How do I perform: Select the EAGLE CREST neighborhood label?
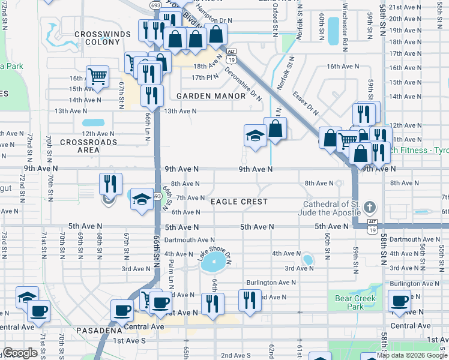[239, 202]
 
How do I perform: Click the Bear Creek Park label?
[355, 302]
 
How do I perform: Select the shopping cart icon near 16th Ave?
[97, 76]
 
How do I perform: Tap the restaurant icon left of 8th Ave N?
[110, 184]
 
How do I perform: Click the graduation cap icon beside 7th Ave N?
[142, 200]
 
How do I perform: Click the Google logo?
[20, 353]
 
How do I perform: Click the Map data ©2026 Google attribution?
[412, 355]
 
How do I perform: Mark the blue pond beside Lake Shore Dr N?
[214, 262]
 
